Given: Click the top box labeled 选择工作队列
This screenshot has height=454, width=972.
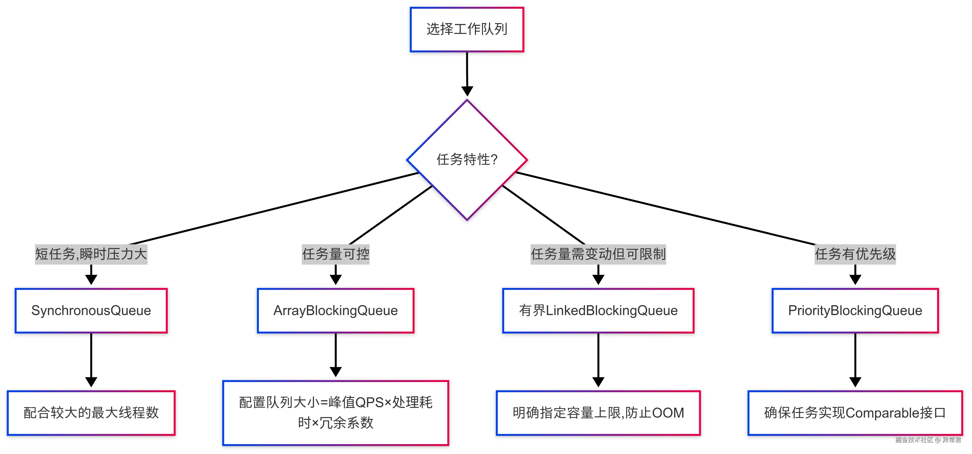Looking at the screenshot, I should [467, 29].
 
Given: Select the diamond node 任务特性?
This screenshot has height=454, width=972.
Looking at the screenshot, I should [467, 160].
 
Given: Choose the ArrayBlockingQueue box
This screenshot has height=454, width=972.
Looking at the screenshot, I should [335, 311].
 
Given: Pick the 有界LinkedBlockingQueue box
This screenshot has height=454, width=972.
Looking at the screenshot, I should [598, 311].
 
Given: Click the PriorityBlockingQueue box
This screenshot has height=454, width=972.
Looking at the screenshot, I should [855, 311].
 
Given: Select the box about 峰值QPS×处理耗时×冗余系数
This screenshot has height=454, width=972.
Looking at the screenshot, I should [335, 413].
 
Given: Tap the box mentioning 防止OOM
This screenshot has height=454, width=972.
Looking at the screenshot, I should [598, 413].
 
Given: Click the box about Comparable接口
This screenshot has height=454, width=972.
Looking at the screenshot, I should [855, 413].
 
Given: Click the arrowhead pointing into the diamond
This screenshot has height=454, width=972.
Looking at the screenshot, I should [467, 91].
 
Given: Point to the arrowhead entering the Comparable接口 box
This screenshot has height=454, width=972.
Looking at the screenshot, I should [855, 382].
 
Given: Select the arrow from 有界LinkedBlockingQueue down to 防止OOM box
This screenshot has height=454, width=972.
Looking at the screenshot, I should [598, 357].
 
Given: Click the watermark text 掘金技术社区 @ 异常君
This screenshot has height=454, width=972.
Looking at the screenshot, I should [928, 440].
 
